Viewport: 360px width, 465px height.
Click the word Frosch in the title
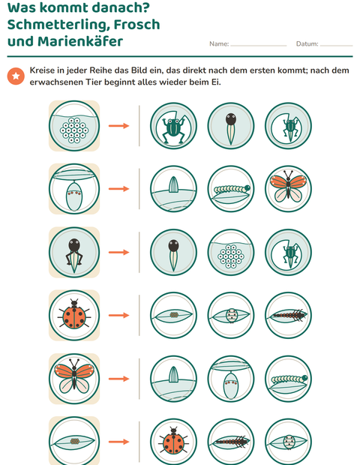(x=137, y=25)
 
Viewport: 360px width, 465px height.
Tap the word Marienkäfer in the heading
(x=80, y=41)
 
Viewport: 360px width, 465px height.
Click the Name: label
(x=219, y=44)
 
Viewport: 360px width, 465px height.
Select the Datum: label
(x=307, y=44)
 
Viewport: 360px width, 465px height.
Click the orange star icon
(x=16, y=76)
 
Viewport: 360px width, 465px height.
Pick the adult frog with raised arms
(x=173, y=126)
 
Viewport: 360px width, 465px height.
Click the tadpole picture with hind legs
(x=74, y=252)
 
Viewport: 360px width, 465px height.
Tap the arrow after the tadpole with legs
(x=118, y=252)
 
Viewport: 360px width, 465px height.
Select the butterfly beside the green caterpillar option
(x=288, y=189)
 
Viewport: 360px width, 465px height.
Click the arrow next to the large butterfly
(x=118, y=379)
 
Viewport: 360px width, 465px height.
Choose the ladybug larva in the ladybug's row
(x=288, y=315)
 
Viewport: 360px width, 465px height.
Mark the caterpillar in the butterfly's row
(x=288, y=379)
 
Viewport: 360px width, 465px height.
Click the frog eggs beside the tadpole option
(x=231, y=252)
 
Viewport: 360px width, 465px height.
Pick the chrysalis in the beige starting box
(x=74, y=189)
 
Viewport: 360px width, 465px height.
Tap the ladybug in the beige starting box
(x=74, y=315)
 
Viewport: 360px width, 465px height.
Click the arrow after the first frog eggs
(x=118, y=126)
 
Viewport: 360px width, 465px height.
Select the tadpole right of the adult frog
(x=231, y=126)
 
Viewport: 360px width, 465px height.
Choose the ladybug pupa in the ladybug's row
(x=231, y=315)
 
